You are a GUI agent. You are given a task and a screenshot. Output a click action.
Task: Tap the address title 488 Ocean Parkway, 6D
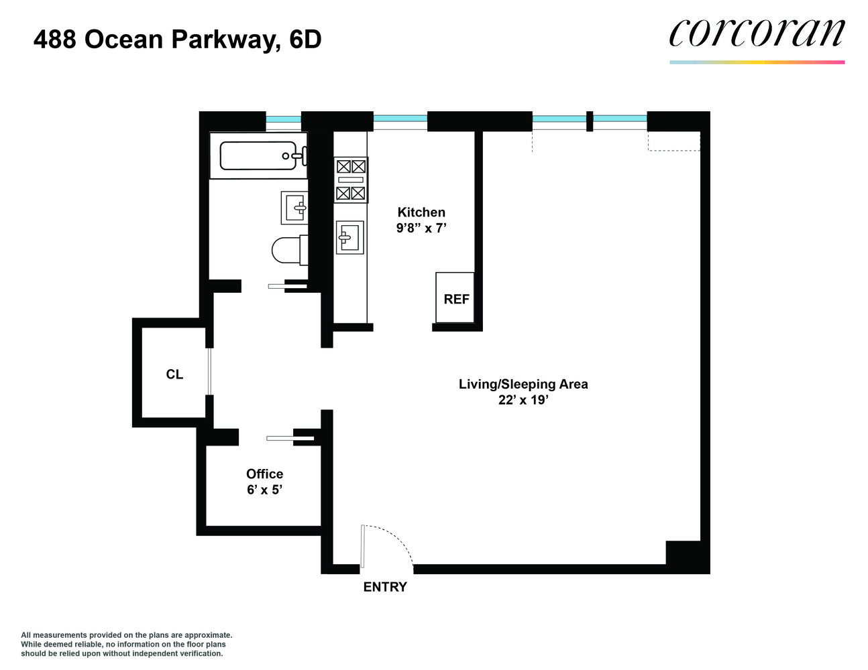tap(178, 40)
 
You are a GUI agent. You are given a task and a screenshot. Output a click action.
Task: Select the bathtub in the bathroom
tap(258, 155)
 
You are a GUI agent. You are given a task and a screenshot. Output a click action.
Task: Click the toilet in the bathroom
tap(287, 251)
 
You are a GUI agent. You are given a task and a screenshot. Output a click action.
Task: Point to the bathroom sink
tap(294, 208)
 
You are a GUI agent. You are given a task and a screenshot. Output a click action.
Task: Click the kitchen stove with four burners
tap(351, 180)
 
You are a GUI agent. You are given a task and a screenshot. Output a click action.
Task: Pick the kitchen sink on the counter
tap(349, 237)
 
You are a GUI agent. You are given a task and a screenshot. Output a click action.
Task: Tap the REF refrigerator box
tap(455, 298)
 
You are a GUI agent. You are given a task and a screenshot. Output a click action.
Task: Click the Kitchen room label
tap(421, 212)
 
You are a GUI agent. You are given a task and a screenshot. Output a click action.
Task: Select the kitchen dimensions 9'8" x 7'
tap(421, 228)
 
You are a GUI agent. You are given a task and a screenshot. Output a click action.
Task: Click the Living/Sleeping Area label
tap(523, 384)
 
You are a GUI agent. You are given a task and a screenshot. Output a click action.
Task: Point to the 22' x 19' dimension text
tap(523, 400)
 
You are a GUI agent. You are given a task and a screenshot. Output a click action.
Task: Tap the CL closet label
tap(174, 375)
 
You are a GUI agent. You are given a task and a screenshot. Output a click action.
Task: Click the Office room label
tap(264, 474)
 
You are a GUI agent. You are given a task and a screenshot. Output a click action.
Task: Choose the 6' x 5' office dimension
tap(264, 490)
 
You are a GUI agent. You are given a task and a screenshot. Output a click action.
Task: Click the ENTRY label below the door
tap(385, 587)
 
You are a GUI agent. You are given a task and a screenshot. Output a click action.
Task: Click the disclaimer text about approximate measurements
tap(126, 644)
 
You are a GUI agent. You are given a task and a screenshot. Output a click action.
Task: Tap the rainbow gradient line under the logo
tap(757, 62)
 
